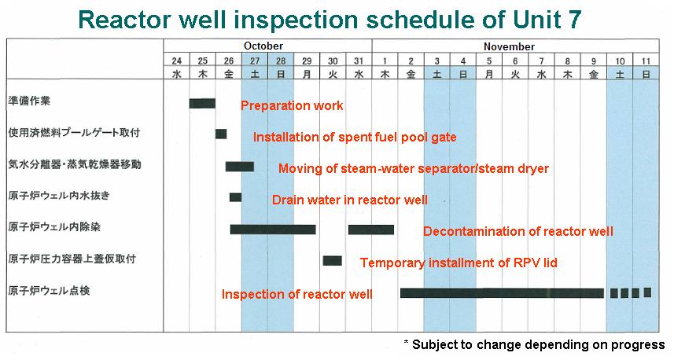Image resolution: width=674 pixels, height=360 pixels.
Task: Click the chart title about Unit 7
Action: pyautogui.click(x=337, y=19)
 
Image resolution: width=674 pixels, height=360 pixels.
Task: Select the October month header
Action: pyautogui.click(x=263, y=46)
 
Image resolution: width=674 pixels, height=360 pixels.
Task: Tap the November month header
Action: pyautogui.click(x=509, y=46)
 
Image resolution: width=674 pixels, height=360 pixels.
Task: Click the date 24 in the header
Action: pyautogui.click(x=177, y=61)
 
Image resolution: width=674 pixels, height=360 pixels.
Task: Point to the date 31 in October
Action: pyautogui.click(x=359, y=61)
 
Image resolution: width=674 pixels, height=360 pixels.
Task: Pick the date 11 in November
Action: pyautogui.click(x=646, y=61)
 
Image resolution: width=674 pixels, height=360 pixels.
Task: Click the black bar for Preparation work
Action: pyautogui.click(x=202, y=103)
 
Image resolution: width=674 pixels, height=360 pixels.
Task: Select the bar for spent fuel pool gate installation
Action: pyautogui.click(x=221, y=134)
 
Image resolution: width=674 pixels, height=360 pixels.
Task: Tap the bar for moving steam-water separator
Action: pyautogui.click(x=240, y=166)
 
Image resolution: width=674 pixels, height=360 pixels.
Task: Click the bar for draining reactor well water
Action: pyautogui.click(x=235, y=197)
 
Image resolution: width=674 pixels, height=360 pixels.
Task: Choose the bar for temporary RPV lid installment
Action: pyautogui.click(x=333, y=260)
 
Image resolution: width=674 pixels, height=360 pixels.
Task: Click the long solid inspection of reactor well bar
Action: pyautogui.click(x=502, y=293)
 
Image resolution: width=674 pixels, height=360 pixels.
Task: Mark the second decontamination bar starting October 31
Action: pyautogui.click(x=371, y=229)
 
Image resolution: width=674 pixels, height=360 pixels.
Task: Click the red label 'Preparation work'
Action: pyautogui.click(x=292, y=106)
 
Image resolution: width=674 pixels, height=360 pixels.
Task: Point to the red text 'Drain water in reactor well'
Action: pyautogui.click(x=350, y=200)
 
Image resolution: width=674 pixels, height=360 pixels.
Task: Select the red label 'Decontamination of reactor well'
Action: pyautogui.click(x=518, y=231)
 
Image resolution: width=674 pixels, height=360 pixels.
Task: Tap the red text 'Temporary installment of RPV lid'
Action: pyautogui.click(x=459, y=263)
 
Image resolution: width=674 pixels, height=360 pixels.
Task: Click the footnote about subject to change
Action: pyautogui.click(x=534, y=344)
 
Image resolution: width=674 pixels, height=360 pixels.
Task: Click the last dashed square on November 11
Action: pyautogui.click(x=647, y=292)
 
